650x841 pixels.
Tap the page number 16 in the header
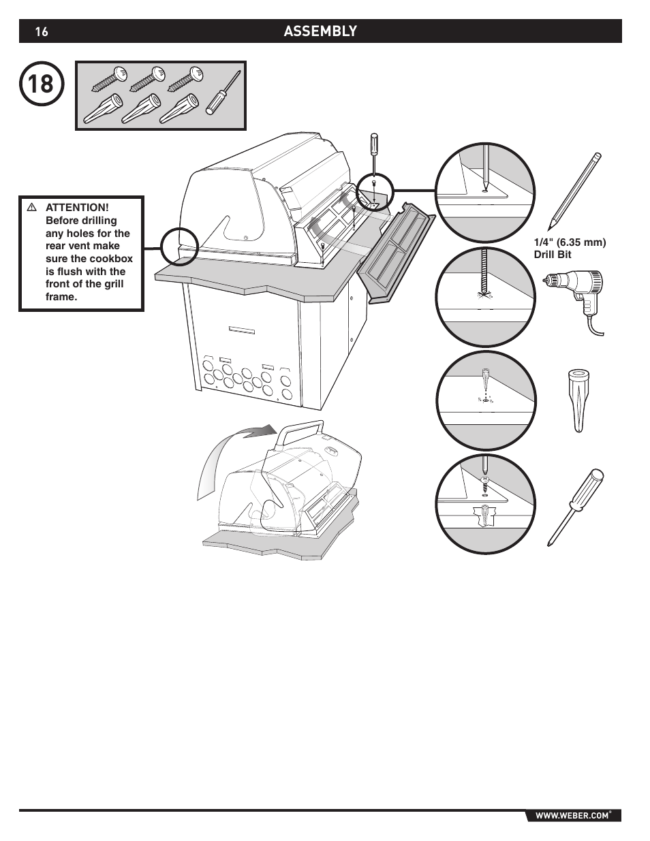click(x=42, y=31)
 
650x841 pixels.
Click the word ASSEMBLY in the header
click(x=320, y=31)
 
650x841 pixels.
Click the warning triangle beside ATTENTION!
click(x=31, y=207)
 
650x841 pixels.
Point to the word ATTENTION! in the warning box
click(x=77, y=207)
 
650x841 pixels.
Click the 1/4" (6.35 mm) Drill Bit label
click(x=570, y=249)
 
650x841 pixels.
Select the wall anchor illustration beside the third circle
click(x=576, y=400)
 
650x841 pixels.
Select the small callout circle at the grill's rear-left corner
click(x=179, y=245)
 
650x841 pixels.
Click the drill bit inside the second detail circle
click(x=485, y=272)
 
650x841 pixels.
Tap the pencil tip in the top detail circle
click(x=485, y=184)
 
